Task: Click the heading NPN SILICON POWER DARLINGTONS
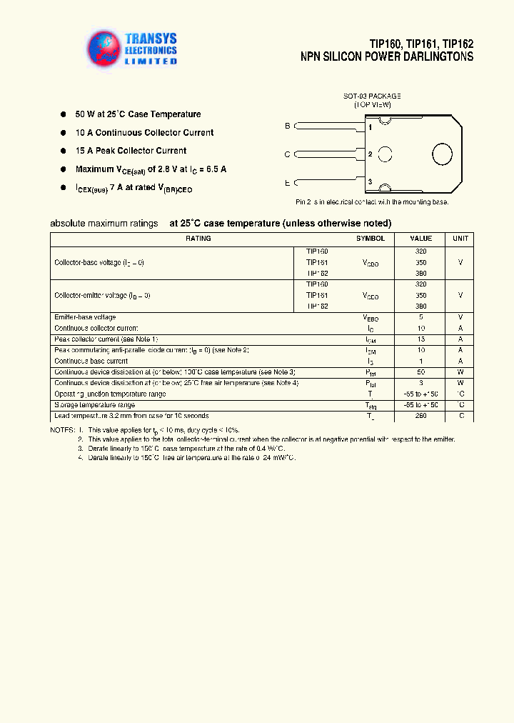point(387,56)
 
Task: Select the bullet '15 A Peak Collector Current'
point(131,151)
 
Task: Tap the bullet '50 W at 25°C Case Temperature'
point(138,114)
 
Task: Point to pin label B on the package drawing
point(288,126)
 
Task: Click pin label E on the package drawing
point(288,183)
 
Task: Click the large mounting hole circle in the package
point(442,154)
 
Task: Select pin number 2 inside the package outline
point(370,154)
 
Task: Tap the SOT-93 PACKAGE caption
point(372,96)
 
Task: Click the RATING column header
point(198,239)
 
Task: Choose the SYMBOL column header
point(371,239)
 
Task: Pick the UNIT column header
point(460,239)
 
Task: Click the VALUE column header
point(420,239)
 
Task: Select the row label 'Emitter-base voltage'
point(85,317)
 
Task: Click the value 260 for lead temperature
point(420,416)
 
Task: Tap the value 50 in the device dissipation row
point(420,372)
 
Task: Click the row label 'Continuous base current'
point(91,361)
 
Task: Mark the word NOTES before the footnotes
point(62,431)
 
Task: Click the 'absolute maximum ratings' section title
point(104,224)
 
